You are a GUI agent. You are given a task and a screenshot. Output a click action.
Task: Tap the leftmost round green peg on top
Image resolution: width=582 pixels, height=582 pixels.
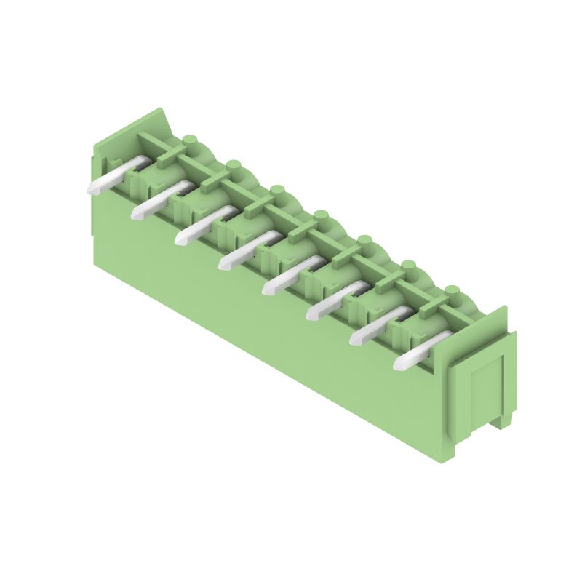tap(191, 140)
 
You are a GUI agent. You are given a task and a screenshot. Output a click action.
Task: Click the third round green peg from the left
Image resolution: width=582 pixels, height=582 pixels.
tap(276, 192)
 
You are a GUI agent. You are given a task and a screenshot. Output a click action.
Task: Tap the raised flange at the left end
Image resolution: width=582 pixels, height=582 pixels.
tap(149, 124)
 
